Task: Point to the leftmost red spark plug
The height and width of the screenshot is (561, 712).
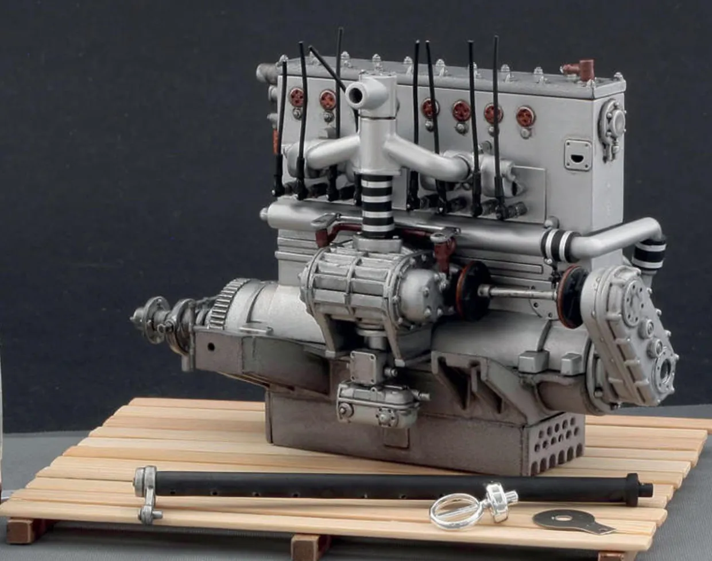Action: (296, 98)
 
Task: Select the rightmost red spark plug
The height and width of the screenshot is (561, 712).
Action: (525, 117)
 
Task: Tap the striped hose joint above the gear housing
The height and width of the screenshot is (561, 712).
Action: (649, 253)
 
